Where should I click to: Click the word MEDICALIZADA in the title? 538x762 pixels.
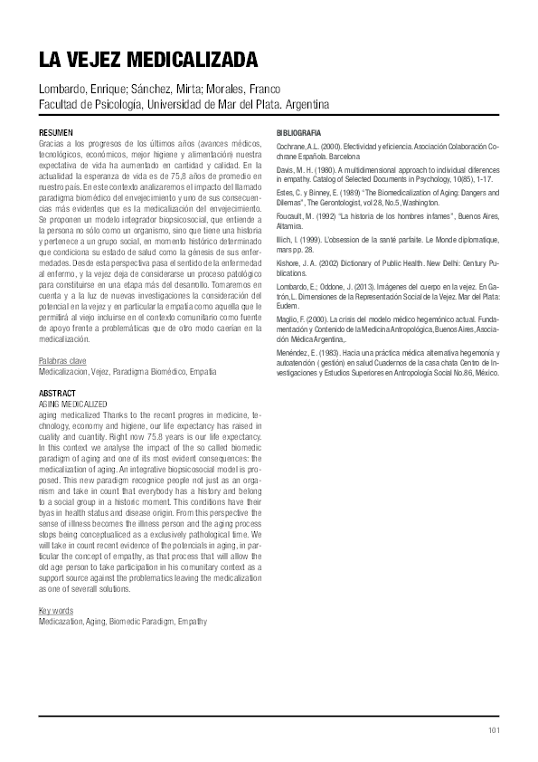tap(190, 61)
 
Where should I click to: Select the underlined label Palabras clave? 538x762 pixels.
tap(62, 361)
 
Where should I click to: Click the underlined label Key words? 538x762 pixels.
tap(55, 611)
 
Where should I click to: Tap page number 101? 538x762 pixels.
tap(494, 729)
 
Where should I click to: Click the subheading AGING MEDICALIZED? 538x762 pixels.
tap(72, 402)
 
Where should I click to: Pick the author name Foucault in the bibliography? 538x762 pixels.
tap(291, 214)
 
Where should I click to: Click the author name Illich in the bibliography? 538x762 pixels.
tap(285, 238)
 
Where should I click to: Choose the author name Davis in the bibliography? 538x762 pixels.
tap(287, 169)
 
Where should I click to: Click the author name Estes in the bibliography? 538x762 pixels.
tap(287, 192)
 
